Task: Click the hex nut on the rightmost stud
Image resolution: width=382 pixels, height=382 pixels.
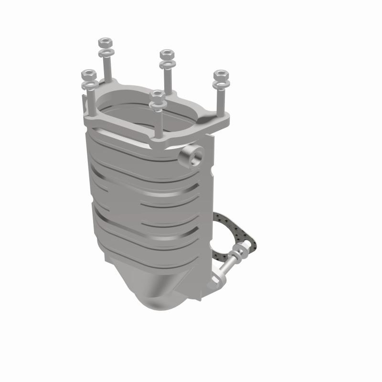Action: point(221,75)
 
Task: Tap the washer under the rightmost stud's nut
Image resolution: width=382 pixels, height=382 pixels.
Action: point(220,85)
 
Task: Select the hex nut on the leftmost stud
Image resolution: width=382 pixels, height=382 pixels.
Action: point(89,75)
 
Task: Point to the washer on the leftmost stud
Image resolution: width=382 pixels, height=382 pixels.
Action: point(90,85)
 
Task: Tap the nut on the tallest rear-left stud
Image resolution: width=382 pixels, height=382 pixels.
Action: point(105,42)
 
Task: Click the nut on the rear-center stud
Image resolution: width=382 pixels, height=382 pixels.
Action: point(166,53)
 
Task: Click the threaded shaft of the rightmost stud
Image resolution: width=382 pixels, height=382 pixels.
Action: point(221,103)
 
